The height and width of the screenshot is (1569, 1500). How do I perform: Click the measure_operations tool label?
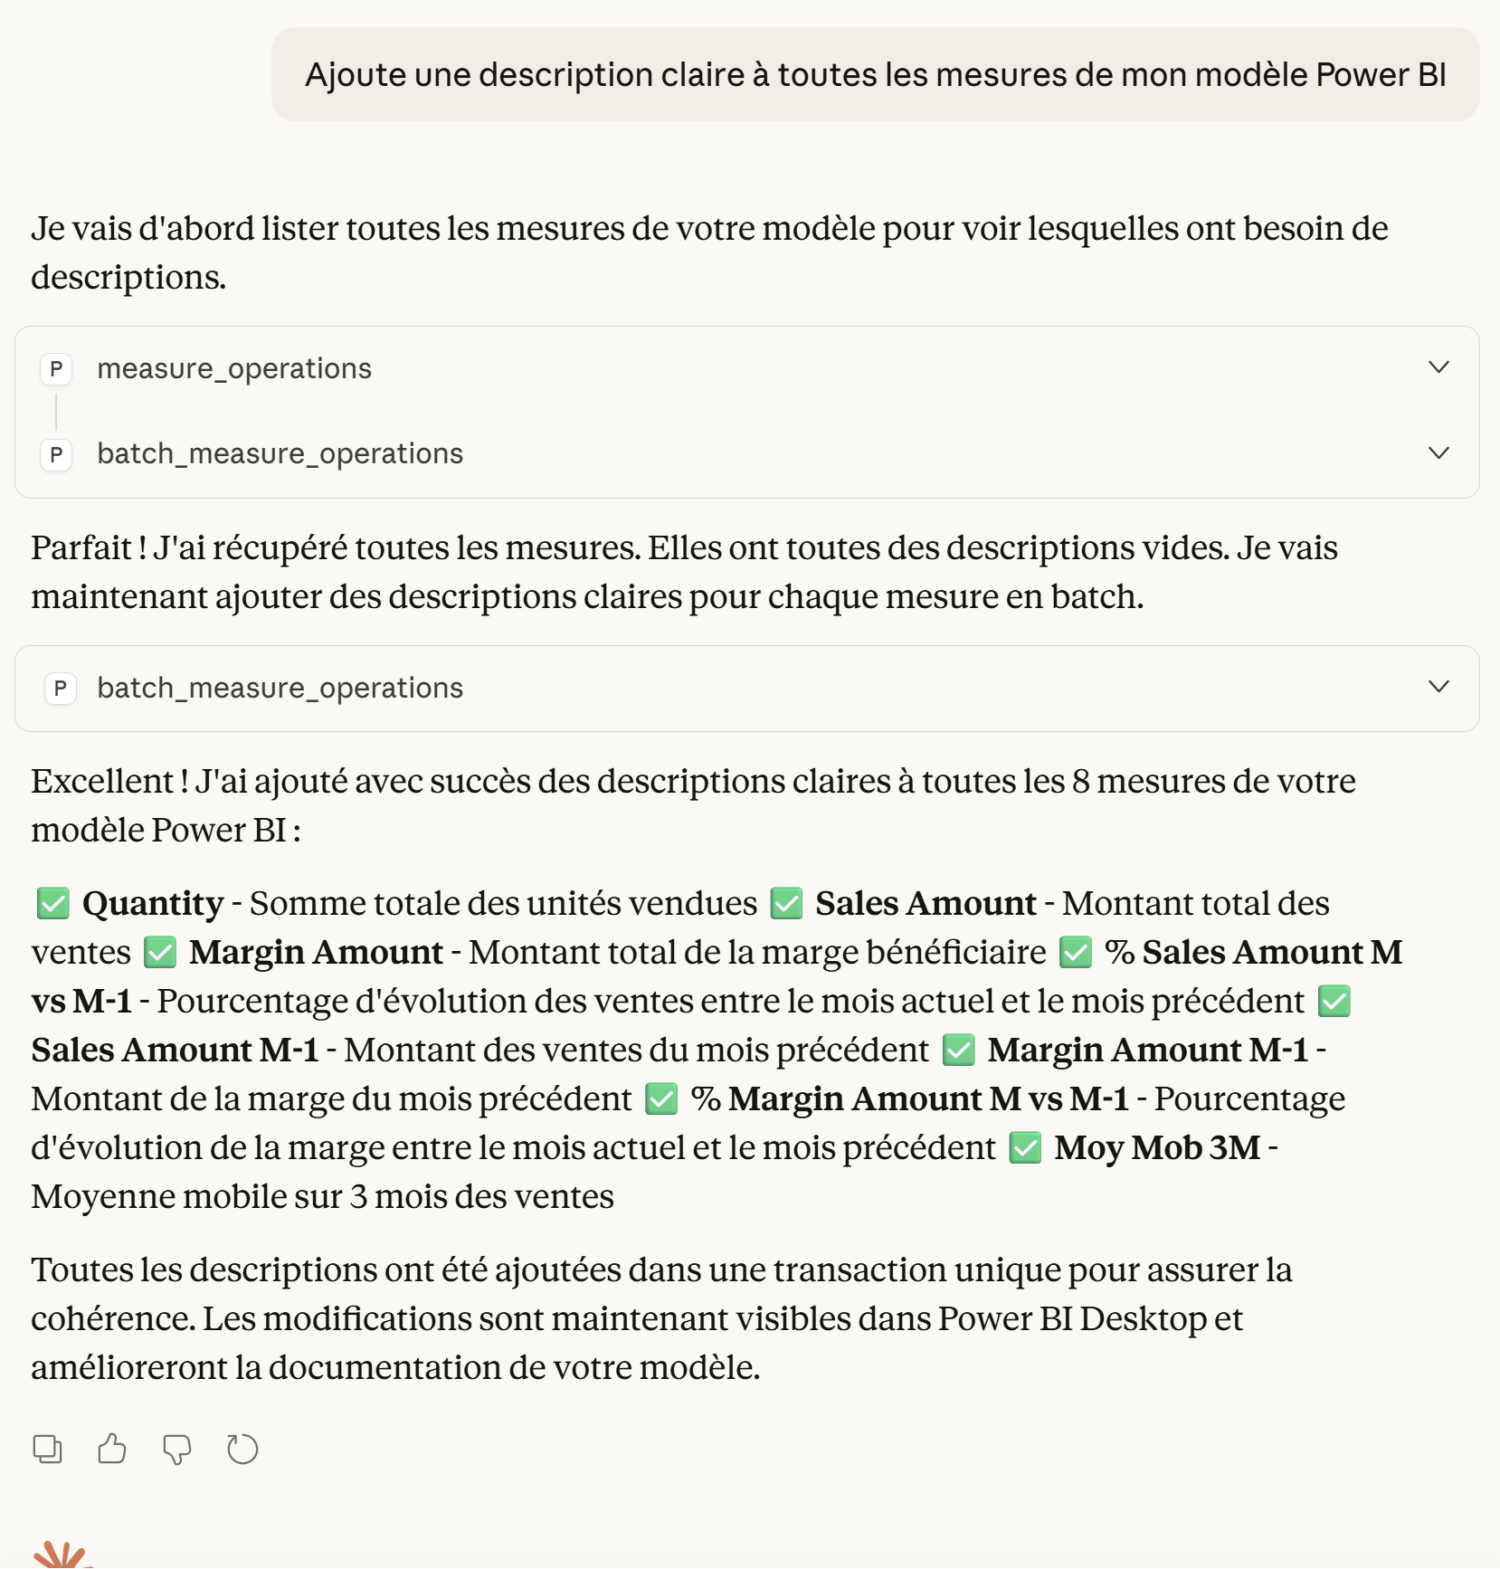click(234, 369)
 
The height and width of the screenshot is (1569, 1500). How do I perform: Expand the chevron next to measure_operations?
click(1438, 367)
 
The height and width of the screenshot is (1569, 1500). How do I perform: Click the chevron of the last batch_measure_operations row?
click(1438, 687)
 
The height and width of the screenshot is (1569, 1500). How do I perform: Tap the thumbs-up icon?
click(112, 1449)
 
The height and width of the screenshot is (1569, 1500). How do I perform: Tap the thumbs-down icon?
click(177, 1449)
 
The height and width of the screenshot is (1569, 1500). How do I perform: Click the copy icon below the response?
click(48, 1449)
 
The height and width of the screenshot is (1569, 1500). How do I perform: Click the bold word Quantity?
click(153, 903)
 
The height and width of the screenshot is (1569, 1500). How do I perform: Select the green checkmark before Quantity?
click(53, 903)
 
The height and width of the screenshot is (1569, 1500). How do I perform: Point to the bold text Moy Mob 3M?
click(1157, 1147)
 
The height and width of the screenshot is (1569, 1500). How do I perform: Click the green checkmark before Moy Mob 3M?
click(1025, 1147)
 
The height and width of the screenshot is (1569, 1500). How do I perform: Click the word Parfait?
click(81, 548)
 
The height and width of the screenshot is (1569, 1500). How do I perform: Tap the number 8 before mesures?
click(1080, 782)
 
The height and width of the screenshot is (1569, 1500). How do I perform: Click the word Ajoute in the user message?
click(356, 75)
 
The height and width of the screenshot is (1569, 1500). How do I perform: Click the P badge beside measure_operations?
click(56, 369)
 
